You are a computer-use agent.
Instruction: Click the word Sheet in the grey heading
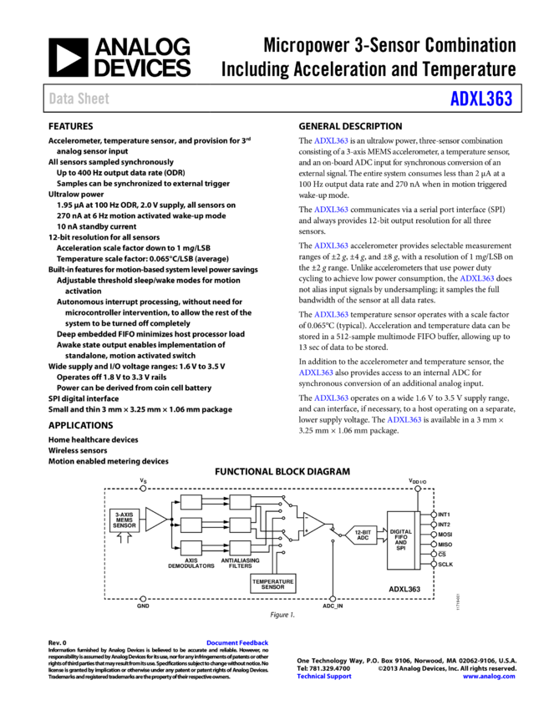tap(93, 99)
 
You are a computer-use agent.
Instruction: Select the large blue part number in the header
tap(480, 99)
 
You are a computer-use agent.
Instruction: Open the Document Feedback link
tap(237, 643)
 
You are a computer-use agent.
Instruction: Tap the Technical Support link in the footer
tap(323, 677)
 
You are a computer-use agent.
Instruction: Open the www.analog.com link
tap(488, 677)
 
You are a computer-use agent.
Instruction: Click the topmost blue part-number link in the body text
tap(331, 141)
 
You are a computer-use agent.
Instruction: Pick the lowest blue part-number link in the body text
tap(404, 420)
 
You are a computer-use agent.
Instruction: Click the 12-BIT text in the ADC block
tap(363, 532)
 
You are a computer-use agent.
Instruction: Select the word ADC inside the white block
tap(363, 538)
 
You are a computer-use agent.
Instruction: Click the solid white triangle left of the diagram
tap(155, 520)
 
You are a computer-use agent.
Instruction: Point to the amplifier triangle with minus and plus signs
tap(313, 524)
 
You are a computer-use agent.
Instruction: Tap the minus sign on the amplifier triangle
tap(307, 518)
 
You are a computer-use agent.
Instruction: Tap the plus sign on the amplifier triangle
tap(307, 530)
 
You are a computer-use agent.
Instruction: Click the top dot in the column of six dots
tap(434, 515)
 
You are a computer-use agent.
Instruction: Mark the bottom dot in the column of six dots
tap(434, 564)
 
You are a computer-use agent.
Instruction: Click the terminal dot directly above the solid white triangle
tap(143, 489)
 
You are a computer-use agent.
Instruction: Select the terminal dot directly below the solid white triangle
tap(143, 599)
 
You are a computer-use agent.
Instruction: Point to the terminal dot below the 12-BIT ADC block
tap(333, 599)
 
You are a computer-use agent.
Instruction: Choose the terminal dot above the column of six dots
tap(418, 489)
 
